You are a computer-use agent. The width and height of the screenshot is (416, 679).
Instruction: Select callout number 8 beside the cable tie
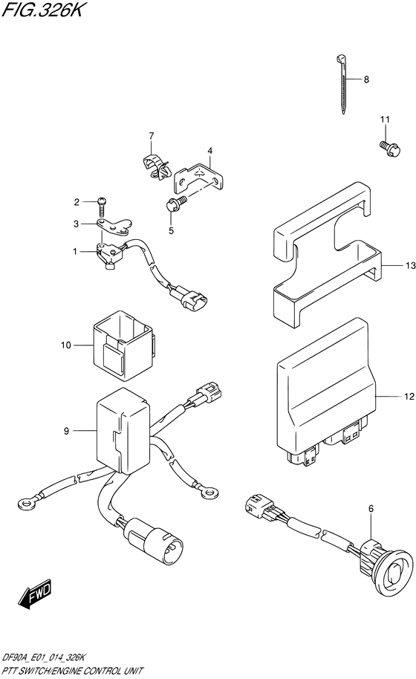(x=365, y=79)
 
